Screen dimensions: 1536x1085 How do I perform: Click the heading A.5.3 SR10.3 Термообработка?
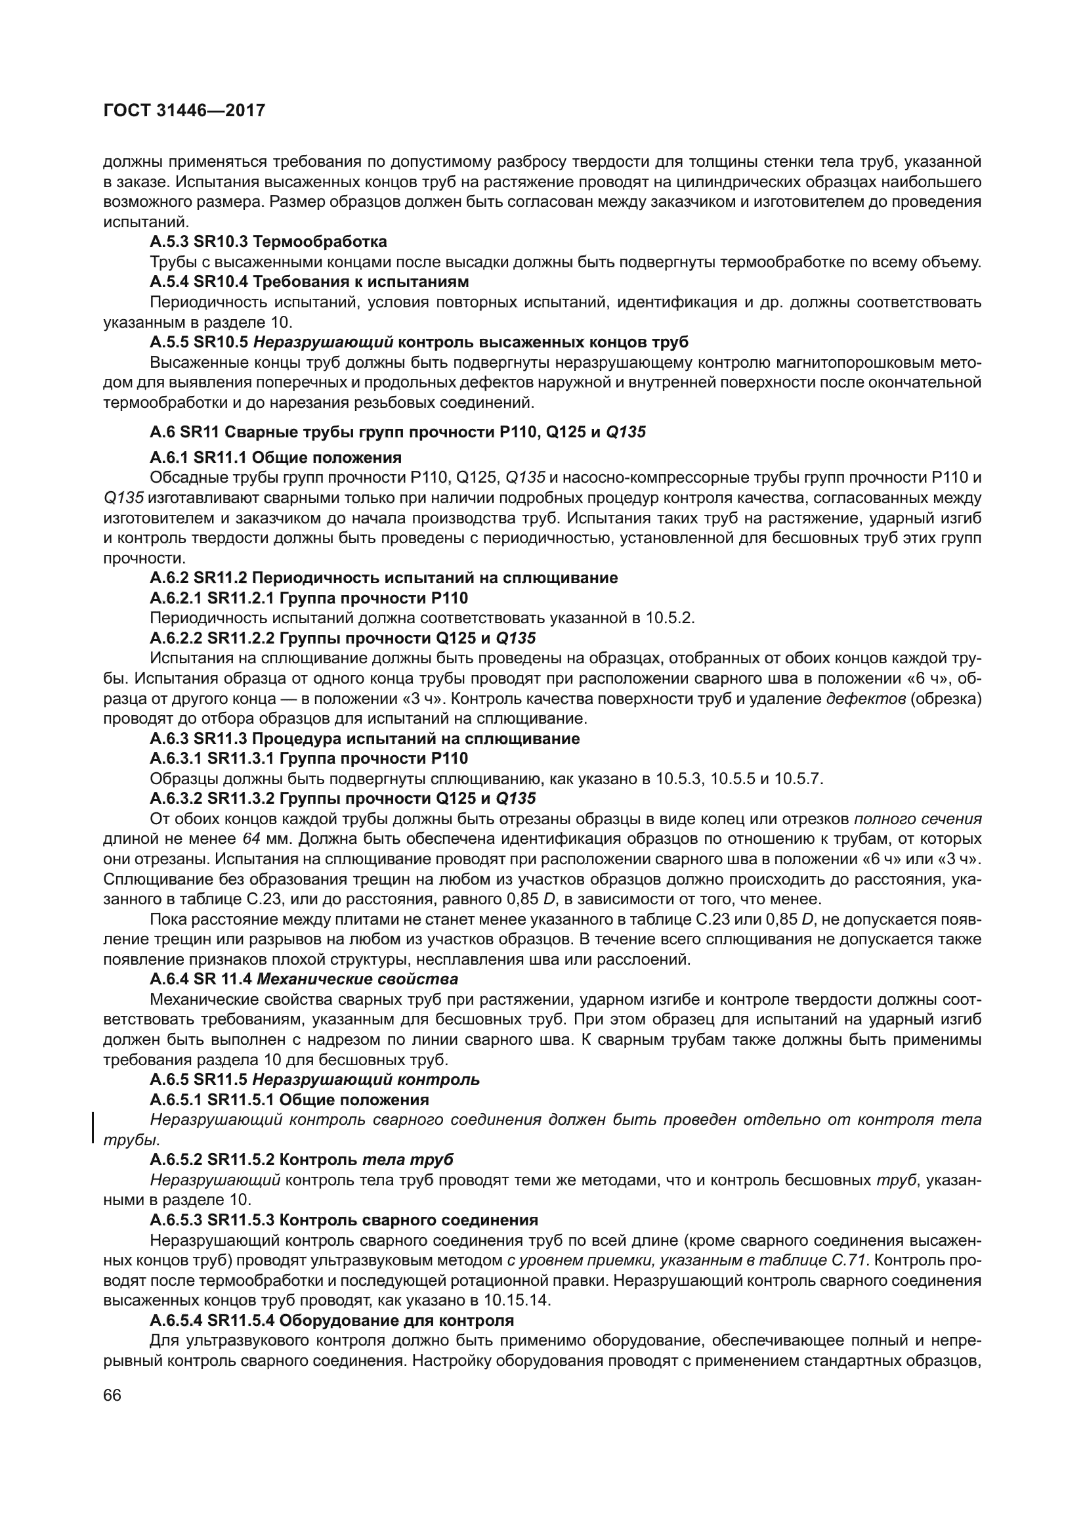pos(268,241)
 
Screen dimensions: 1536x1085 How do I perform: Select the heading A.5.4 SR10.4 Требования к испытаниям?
pos(309,281)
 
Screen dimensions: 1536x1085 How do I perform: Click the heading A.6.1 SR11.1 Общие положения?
pos(276,458)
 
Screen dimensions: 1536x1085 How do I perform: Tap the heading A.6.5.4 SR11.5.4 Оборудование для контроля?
pos(331,1321)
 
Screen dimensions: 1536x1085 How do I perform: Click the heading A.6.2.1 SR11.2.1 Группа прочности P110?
pos(309,598)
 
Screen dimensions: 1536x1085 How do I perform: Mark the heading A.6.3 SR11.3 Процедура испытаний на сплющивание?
pos(364,739)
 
